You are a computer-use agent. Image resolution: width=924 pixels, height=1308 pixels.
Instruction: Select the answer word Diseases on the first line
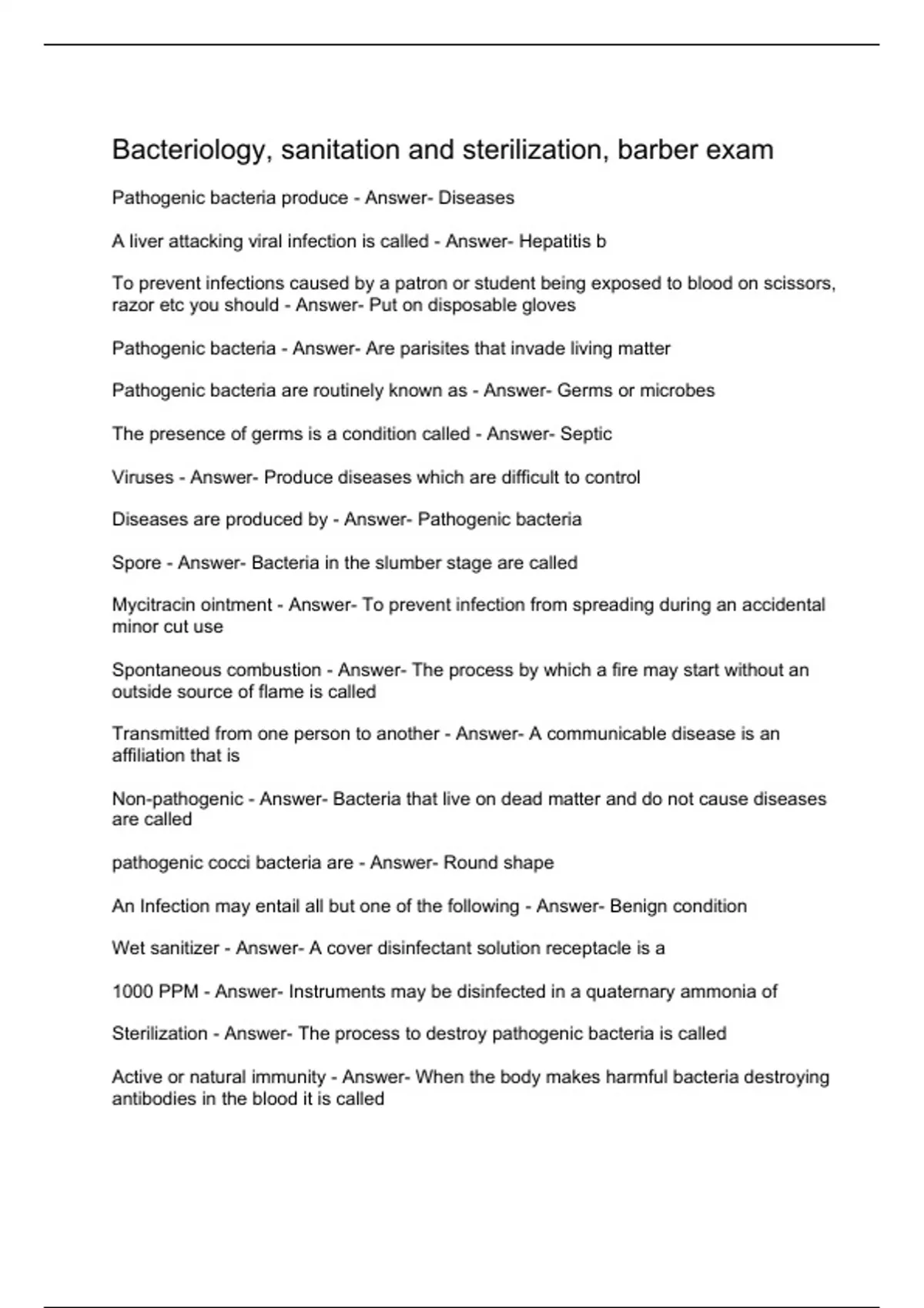[x=476, y=198]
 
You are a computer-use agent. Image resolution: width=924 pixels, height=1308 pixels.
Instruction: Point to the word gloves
[x=548, y=305]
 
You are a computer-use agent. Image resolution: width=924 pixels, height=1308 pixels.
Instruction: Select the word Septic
[x=586, y=434]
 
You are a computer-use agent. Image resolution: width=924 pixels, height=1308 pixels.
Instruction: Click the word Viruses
[x=142, y=478]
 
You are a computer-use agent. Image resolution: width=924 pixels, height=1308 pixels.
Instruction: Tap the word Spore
[x=136, y=563]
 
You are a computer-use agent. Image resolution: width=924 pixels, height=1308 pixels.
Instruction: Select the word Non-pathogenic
[x=177, y=799]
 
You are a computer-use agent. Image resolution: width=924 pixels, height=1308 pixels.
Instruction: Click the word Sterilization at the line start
[x=159, y=1033]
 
